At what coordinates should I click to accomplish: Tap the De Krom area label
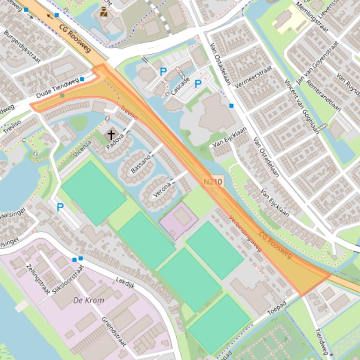pyautogui.click(x=88, y=300)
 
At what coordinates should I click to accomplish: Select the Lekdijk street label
pyautogui.click(x=125, y=286)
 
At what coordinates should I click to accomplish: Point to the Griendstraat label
pyautogui.click(x=114, y=331)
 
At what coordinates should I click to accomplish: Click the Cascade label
pyautogui.click(x=180, y=86)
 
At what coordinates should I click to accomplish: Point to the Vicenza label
pyautogui.click(x=82, y=147)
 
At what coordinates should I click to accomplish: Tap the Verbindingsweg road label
pyautogui.click(x=245, y=233)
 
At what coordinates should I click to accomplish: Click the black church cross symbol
pyautogui.click(x=111, y=135)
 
